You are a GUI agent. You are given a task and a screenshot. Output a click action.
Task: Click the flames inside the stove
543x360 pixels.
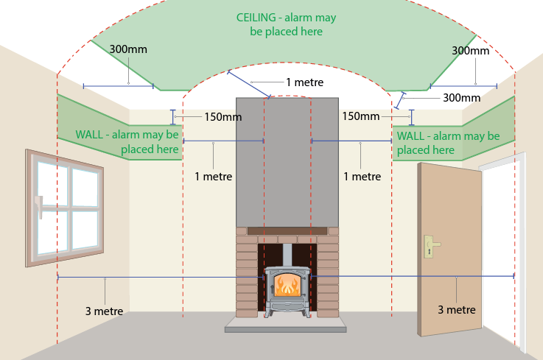click(287, 286)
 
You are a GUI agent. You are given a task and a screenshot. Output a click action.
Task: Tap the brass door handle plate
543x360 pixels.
click(430, 247)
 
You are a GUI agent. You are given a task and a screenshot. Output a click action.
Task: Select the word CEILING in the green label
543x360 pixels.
click(256, 18)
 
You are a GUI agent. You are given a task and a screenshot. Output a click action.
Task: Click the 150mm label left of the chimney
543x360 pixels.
click(223, 117)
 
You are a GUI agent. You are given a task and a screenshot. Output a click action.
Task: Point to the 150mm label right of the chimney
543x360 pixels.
click(361, 116)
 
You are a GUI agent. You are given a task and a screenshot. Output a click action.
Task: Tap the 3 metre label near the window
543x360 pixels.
click(104, 311)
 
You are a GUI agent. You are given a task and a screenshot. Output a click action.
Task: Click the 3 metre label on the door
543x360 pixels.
click(457, 309)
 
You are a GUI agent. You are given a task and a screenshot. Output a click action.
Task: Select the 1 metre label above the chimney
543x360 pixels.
click(305, 82)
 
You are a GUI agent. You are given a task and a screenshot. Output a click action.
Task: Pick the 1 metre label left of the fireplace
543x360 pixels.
click(214, 177)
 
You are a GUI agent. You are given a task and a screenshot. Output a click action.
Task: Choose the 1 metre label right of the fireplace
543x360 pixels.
click(362, 177)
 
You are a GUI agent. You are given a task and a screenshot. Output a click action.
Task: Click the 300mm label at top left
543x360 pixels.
click(128, 49)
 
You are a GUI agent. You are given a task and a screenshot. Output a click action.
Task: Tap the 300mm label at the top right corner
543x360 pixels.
click(471, 51)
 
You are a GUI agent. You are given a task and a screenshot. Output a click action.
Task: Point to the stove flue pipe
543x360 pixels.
click(287, 255)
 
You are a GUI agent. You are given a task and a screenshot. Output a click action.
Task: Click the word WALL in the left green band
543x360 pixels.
click(89, 134)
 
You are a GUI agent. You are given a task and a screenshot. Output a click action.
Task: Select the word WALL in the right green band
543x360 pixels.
click(410, 136)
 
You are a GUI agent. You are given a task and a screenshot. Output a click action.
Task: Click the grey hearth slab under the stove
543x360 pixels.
click(286, 325)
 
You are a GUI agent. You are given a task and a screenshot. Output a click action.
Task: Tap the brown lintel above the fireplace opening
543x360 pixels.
click(287, 231)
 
